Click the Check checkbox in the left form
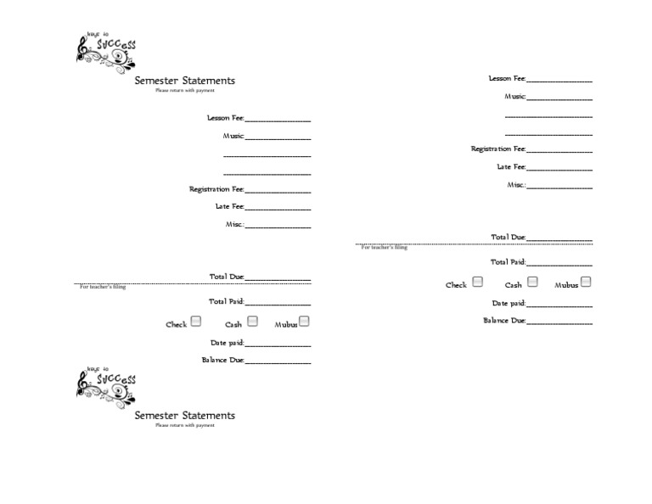pyautogui.click(x=196, y=322)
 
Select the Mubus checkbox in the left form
pyautogui.click(x=304, y=322)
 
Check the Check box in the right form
pyautogui.click(x=478, y=282)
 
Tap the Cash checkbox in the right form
pyautogui.click(x=532, y=282)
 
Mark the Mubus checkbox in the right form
pyautogui.click(x=586, y=282)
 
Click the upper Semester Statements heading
pyautogui.click(x=184, y=81)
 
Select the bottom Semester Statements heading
pyautogui.click(x=184, y=416)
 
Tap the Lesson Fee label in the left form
pyautogui.click(x=225, y=118)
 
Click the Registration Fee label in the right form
pyautogui.click(x=498, y=148)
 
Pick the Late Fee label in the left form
pyautogui.click(x=229, y=206)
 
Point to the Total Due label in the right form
pyautogui.click(x=508, y=238)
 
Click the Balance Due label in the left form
pyautogui.click(x=222, y=360)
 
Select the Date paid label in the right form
pyautogui.click(x=509, y=303)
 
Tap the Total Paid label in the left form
pyautogui.click(x=226, y=301)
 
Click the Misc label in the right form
pyautogui.click(x=516, y=184)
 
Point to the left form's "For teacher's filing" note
pyautogui.click(x=103, y=288)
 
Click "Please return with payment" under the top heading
pyautogui.click(x=184, y=90)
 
